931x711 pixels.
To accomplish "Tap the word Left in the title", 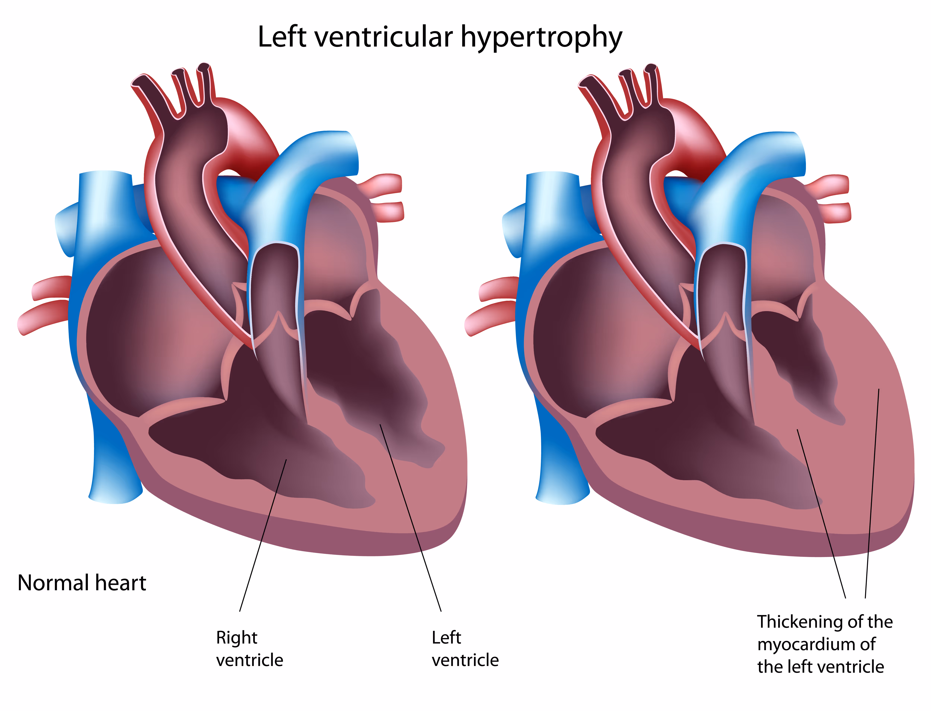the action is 282,37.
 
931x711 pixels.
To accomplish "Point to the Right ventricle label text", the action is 249,649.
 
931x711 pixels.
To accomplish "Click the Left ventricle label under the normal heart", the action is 465,649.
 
